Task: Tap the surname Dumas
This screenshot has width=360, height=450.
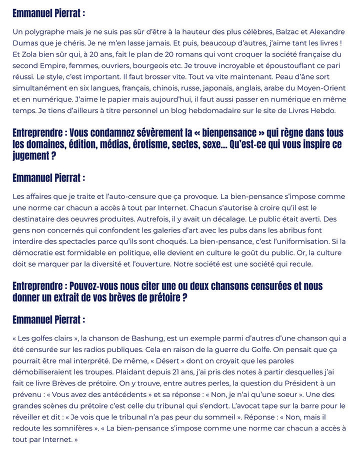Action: point(25,43)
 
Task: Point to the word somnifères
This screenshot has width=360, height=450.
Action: point(67,428)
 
